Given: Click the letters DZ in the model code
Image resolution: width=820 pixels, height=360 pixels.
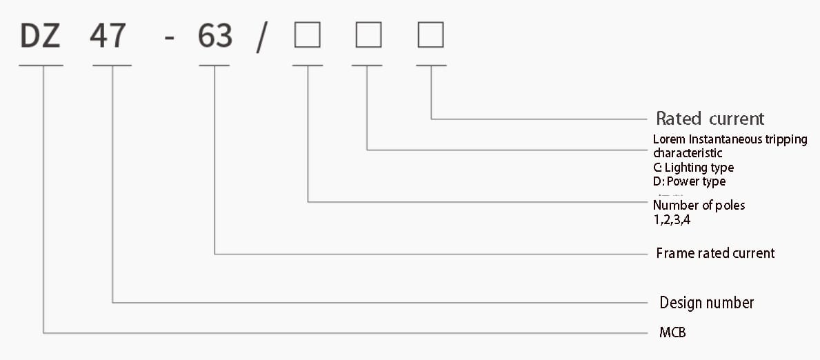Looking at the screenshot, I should pyautogui.click(x=41, y=37).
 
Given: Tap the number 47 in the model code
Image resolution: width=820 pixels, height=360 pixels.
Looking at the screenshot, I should pyautogui.click(x=108, y=37).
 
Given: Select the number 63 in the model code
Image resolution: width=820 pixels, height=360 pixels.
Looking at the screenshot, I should pyautogui.click(x=215, y=37).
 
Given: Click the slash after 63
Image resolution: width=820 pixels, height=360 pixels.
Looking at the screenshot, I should pyautogui.click(x=261, y=38).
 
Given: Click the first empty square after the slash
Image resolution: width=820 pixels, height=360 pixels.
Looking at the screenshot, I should pyautogui.click(x=307, y=35).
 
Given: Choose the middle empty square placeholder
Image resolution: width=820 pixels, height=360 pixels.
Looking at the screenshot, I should pyautogui.click(x=368, y=35).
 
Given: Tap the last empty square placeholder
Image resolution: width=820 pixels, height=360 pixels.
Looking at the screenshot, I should pyautogui.click(x=430, y=35).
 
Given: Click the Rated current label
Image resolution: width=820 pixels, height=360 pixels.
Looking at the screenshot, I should pyautogui.click(x=710, y=119).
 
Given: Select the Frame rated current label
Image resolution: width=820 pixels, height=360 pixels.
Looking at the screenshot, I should pyautogui.click(x=715, y=253).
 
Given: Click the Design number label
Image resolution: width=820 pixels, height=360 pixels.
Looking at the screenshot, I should pyautogui.click(x=706, y=303).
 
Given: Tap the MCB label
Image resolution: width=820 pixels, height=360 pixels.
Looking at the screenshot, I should pyautogui.click(x=672, y=333).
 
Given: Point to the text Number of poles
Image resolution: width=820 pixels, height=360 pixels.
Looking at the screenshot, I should pyautogui.click(x=699, y=205).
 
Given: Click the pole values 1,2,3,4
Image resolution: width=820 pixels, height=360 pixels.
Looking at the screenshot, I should pyautogui.click(x=671, y=221).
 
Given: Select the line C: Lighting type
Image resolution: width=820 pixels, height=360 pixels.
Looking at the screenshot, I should pyautogui.click(x=693, y=168).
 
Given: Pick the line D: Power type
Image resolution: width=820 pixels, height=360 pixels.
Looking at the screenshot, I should pyautogui.click(x=689, y=182).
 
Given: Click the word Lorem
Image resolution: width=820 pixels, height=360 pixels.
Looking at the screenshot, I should pyautogui.click(x=669, y=139).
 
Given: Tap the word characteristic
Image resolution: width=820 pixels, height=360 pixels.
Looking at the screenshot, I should pyautogui.click(x=688, y=153).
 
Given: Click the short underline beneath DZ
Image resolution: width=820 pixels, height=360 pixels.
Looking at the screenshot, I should pyautogui.click(x=41, y=66).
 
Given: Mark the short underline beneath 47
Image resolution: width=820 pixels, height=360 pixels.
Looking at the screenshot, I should pyautogui.click(x=112, y=66).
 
